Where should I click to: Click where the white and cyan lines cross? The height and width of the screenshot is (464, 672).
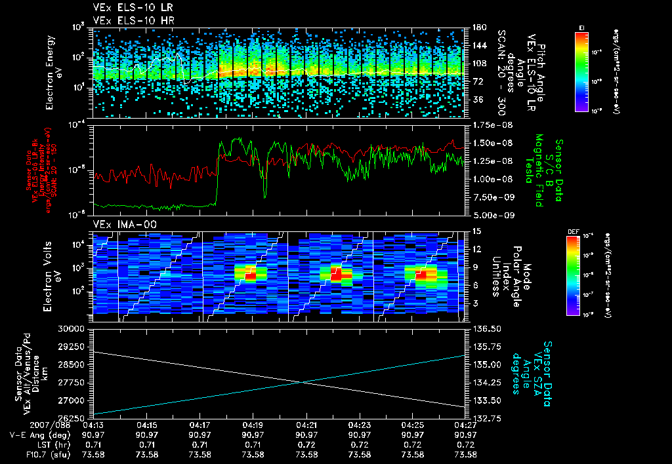point(303,382)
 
